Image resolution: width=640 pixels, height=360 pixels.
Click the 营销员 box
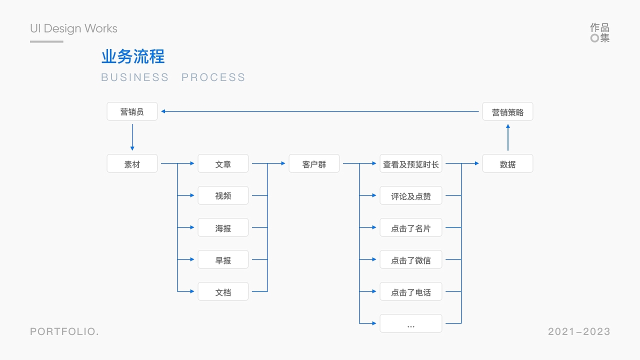pyautogui.click(x=132, y=111)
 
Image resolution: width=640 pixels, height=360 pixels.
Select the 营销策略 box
pyautogui.click(x=507, y=111)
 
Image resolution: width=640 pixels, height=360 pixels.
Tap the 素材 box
pyautogui.click(x=132, y=163)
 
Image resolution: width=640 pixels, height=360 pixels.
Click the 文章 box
pyautogui.click(x=223, y=163)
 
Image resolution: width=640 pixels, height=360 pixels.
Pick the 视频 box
pyautogui.click(x=223, y=195)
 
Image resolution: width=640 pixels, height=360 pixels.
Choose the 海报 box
pyautogui.click(x=223, y=227)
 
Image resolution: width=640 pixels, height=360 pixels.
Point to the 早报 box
pyautogui.click(x=223, y=259)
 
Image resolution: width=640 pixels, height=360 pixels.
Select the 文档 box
pyautogui.click(x=223, y=291)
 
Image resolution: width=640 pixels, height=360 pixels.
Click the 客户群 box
pyautogui.click(x=314, y=163)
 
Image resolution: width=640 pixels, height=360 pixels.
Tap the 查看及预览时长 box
pyautogui.click(x=411, y=163)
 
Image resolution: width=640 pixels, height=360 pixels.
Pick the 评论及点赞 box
pyautogui.click(x=411, y=195)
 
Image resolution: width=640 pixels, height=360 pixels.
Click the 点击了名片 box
pyautogui.click(x=411, y=227)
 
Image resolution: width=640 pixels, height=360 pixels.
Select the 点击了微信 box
pyautogui.click(x=411, y=259)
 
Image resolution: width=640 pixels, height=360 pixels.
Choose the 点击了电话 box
pyautogui.click(x=411, y=291)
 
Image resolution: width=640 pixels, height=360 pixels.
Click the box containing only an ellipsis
pyautogui.click(x=411, y=323)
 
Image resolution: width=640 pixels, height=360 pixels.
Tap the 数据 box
pyautogui.click(x=507, y=163)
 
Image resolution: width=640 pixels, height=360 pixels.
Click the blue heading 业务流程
pyautogui.click(x=133, y=56)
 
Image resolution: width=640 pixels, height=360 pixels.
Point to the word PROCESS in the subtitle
pyautogui.click(x=213, y=77)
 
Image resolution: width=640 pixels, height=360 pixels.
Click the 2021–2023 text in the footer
pyautogui.click(x=579, y=331)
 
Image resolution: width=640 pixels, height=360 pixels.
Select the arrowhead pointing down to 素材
pyautogui.click(x=132, y=148)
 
